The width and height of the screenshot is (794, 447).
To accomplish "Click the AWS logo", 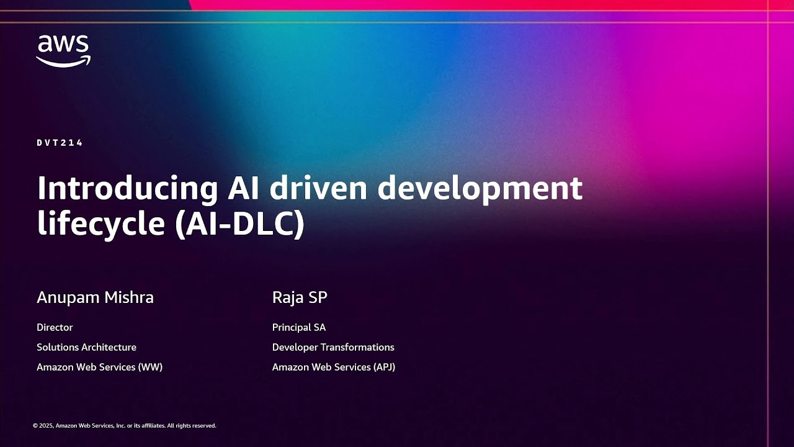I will pyautogui.click(x=63, y=51).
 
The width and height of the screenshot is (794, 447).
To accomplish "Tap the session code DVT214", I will pyautogui.click(x=60, y=143).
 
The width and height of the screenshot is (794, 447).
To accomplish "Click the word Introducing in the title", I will pyautogui.click(x=127, y=188).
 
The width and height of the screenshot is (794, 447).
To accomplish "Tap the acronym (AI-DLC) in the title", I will pyautogui.click(x=239, y=223).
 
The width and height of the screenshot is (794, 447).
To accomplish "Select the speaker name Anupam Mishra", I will pyautogui.click(x=95, y=297).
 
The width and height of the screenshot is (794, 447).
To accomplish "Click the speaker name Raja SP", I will pyautogui.click(x=300, y=297).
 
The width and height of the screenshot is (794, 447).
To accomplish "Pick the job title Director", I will pyautogui.click(x=55, y=327).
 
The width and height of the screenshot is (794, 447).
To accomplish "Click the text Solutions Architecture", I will pyautogui.click(x=86, y=347).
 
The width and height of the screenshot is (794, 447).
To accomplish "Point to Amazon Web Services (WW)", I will pyautogui.click(x=99, y=367).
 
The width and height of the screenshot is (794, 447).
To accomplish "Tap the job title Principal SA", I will pyautogui.click(x=299, y=327).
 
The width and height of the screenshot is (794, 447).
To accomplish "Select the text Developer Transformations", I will pyautogui.click(x=333, y=347).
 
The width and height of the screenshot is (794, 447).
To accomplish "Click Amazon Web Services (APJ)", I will pyautogui.click(x=334, y=367).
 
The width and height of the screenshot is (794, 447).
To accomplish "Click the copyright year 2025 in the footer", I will pyautogui.click(x=47, y=426).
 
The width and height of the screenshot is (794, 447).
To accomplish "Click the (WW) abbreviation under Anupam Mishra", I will pyautogui.click(x=151, y=367).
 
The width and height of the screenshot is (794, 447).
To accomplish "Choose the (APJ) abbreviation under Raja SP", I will pyautogui.click(x=383, y=367).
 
